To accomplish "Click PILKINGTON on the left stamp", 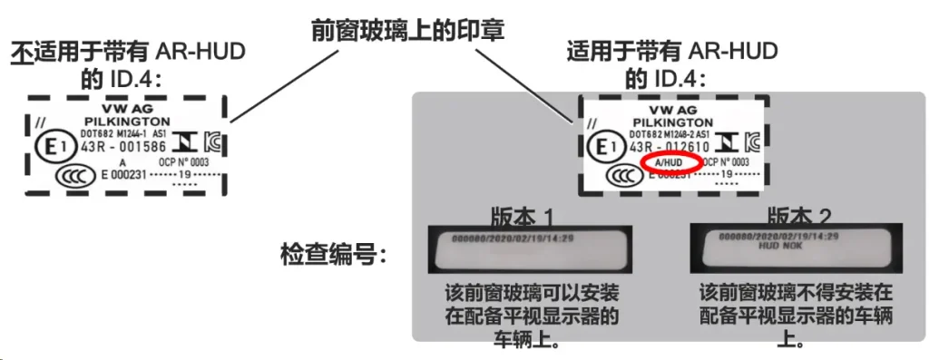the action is (128, 119).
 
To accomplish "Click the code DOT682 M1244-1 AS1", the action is (130, 131).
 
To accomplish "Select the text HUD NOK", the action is (777, 246).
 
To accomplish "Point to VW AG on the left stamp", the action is (128, 106).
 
